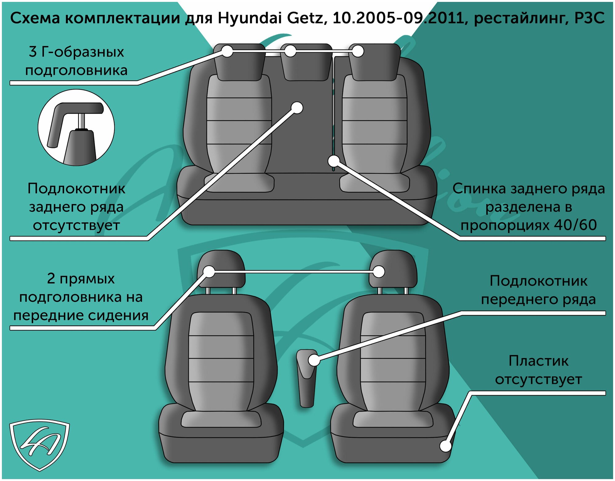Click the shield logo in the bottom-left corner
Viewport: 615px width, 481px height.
tap(39, 444)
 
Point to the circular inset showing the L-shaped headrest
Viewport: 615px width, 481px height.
tap(76, 128)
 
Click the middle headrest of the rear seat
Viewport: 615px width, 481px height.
tap(306, 63)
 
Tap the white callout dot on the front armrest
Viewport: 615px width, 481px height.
tap(314, 360)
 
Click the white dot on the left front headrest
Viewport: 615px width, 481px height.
tap(209, 272)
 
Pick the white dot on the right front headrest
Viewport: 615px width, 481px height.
tap(379, 272)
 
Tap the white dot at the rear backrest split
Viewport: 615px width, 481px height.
tap(334, 160)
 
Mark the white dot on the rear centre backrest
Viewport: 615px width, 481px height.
tap(297, 108)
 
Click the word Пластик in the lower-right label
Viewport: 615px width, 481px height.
tap(538, 361)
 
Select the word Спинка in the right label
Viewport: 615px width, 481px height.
tap(478, 189)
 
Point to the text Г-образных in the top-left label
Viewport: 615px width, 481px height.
tap(83, 52)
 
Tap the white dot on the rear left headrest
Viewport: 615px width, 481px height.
tap(227, 51)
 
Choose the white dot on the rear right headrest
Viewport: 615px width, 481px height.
tap(358, 51)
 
